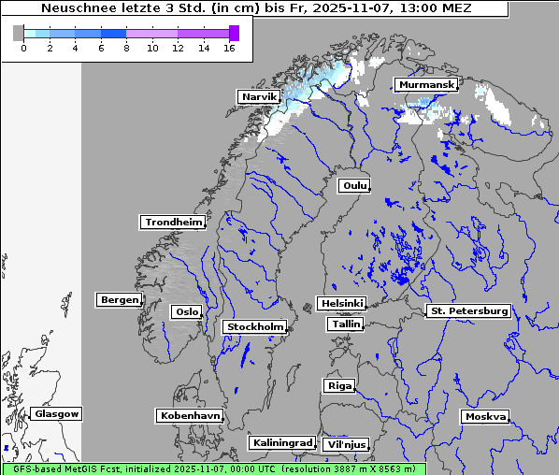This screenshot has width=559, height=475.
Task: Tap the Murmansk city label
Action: coord(425,85)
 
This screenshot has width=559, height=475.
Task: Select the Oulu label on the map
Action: coord(353,185)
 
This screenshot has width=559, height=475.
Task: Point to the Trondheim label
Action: coord(173,223)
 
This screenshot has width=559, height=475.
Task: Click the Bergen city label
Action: coord(118,300)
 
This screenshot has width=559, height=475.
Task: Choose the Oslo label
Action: coord(186,311)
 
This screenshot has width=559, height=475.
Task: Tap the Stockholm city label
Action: coord(255,326)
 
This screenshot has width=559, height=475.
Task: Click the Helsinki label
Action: coord(341,304)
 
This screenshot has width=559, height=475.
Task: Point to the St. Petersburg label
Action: coord(467,310)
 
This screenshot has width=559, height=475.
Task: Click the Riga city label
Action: coord(338,385)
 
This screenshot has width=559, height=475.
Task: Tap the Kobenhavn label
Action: coord(190,415)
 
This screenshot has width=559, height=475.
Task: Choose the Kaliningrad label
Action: coord(281,442)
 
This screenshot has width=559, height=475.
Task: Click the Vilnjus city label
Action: coord(345,444)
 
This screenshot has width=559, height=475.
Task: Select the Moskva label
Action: coord(485,416)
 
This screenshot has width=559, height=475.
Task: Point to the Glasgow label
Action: coord(57,413)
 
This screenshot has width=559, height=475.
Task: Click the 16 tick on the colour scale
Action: coord(228,49)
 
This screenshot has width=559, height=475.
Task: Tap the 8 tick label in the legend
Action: coord(126,49)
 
